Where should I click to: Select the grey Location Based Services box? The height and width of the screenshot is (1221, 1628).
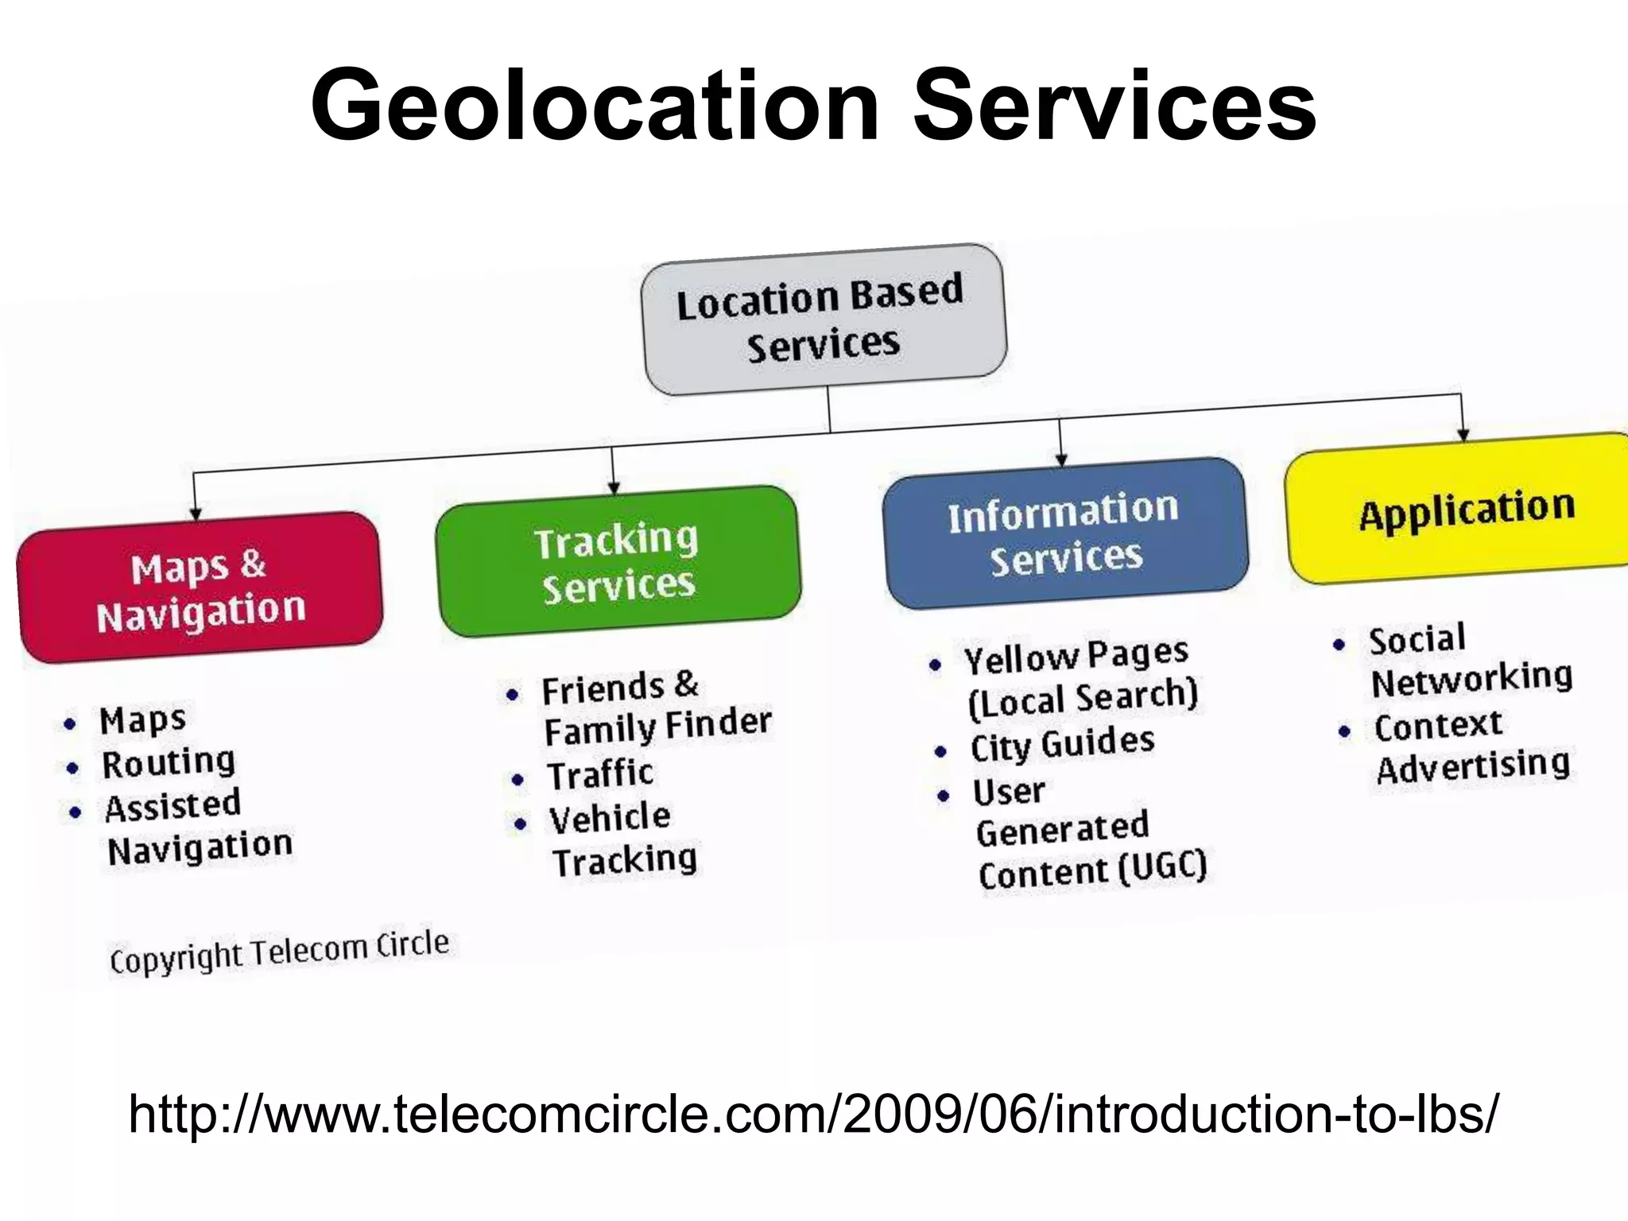(x=824, y=320)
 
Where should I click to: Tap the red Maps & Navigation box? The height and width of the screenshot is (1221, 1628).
(x=200, y=587)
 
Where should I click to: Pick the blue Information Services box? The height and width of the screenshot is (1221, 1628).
(x=1065, y=533)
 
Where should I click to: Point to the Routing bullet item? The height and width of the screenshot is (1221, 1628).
(x=169, y=763)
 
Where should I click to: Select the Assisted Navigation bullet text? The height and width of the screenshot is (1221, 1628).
(x=199, y=828)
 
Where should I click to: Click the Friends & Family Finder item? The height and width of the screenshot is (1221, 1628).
(x=656, y=708)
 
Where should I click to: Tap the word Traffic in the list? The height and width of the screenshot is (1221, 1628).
(x=601, y=774)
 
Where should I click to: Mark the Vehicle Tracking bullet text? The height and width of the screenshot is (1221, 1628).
(x=623, y=839)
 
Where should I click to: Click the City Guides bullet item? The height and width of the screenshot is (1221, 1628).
(x=1062, y=744)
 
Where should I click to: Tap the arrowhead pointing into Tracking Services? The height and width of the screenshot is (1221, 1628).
(x=614, y=488)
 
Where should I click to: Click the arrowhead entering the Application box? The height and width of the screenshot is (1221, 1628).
(x=1463, y=433)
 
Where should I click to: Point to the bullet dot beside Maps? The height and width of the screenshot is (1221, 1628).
(x=70, y=724)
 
